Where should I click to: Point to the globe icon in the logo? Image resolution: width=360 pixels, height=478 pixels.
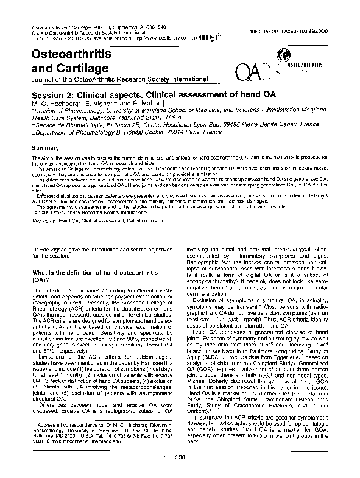[281, 55]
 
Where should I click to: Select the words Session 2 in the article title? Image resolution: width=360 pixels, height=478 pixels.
[54, 96]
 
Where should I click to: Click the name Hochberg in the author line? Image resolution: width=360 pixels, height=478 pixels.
[58, 104]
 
